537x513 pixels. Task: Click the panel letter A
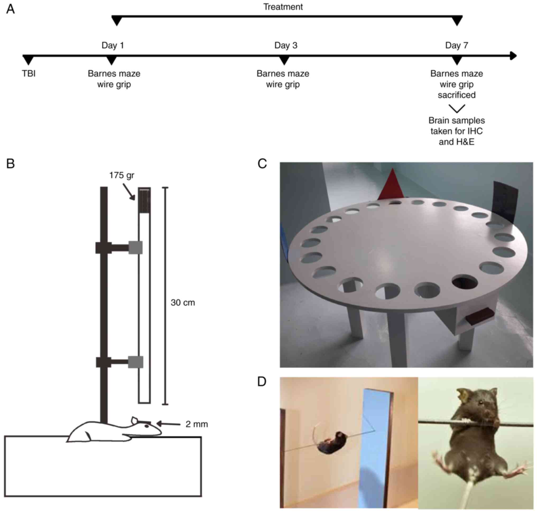click(x=10, y=9)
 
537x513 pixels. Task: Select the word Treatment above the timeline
click(x=283, y=7)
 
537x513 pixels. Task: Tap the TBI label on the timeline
click(x=29, y=74)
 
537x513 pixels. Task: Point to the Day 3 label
click(x=286, y=45)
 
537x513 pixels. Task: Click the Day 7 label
click(x=456, y=45)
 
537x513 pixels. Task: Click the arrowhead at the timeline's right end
click(x=513, y=56)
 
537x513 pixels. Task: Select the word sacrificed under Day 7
click(x=456, y=95)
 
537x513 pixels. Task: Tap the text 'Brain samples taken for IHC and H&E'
click(x=456, y=131)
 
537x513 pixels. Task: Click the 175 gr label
click(x=122, y=175)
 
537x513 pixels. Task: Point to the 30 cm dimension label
click(x=183, y=302)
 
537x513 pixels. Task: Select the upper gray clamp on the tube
click(x=136, y=248)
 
